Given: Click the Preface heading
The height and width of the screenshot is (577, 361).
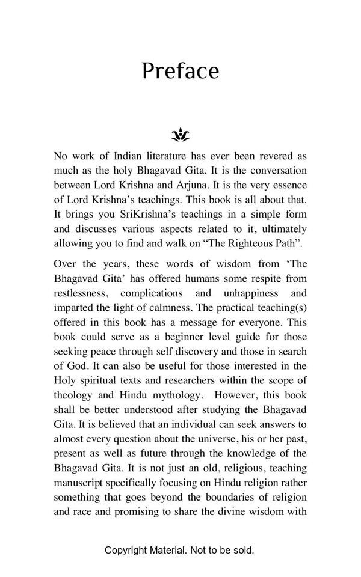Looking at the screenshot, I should pyautogui.click(x=180, y=71).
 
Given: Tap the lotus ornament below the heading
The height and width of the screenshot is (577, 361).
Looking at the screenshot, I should pyautogui.click(x=180, y=135).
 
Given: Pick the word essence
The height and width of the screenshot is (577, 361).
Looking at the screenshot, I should pyautogui.click(x=288, y=185).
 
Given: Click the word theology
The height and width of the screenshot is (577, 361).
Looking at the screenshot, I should pyautogui.click(x=73, y=395).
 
